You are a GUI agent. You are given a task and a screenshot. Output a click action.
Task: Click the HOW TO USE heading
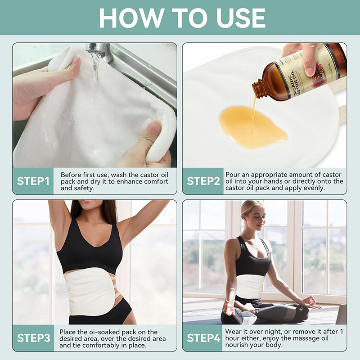click(x=182, y=18)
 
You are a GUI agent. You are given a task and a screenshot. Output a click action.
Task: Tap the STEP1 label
click(x=33, y=181)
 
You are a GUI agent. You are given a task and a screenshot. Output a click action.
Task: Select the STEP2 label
click(x=203, y=181)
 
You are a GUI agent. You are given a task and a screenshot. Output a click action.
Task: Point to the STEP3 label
click(x=33, y=338)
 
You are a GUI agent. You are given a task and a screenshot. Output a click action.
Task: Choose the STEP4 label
click(x=203, y=338)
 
